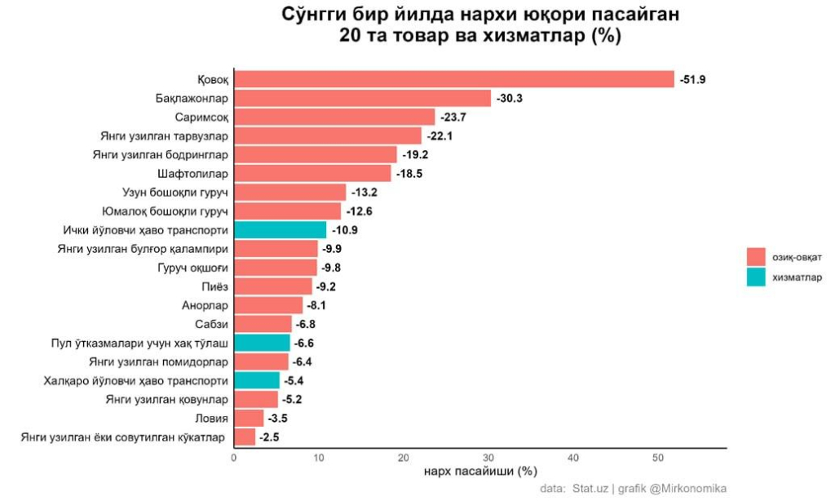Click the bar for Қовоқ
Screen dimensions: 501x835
pyautogui.click(x=454, y=79)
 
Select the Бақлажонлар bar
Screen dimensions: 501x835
pyautogui.click(x=363, y=98)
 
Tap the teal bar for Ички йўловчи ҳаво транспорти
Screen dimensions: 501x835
pyautogui.click(x=280, y=230)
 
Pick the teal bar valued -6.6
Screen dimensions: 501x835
pyautogui.click(x=262, y=343)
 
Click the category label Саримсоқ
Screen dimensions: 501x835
pyautogui.click(x=201, y=117)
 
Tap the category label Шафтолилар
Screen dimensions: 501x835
pyautogui.click(x=193, y=174)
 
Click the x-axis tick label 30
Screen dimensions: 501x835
pyautogui.click(x=488, y=459)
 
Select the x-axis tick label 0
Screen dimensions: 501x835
pyautogui.click(x=234, y=459)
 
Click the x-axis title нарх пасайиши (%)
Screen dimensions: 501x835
pyautogui.click(x=480, y=472)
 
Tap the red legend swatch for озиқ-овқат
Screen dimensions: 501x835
pyautogui.click(x=755, y=256)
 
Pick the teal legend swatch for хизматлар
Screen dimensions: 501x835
pyautogui.click(x=755, y=277)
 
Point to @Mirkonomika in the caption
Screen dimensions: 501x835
pyautogui.click(x=687, y=489)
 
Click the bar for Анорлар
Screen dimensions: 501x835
pyautogui.click(x=268, y=306)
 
